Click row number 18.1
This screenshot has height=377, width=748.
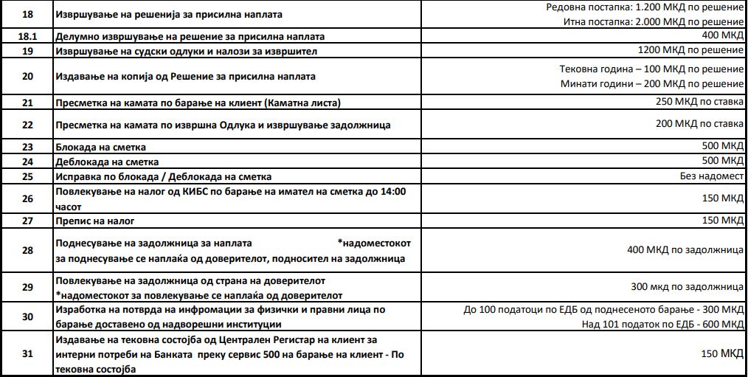coord(28,36)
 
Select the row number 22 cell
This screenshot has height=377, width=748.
coord(28,125)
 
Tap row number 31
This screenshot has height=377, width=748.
coord(28,353)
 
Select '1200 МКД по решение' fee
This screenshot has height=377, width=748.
coord(690,50)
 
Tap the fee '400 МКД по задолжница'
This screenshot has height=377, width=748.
coord(685,250)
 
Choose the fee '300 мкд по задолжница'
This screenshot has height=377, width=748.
coord(686,286)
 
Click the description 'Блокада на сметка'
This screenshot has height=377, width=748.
coord(101,147)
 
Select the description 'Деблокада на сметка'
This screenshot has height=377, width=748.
coord(107,162)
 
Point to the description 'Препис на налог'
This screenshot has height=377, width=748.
coord(95,221)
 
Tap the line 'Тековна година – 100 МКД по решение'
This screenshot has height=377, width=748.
coord(651,69)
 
